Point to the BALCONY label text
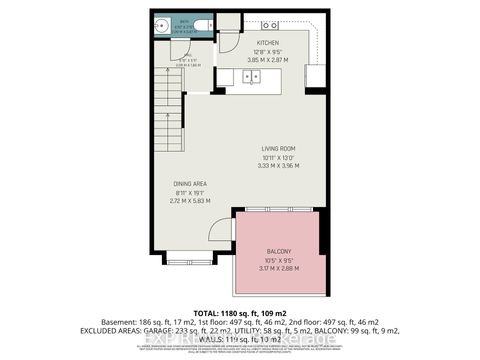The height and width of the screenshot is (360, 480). click(279, 251)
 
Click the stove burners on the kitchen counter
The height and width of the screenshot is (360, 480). click(270, 24)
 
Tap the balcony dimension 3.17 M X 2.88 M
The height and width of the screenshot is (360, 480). click(279, 267)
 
